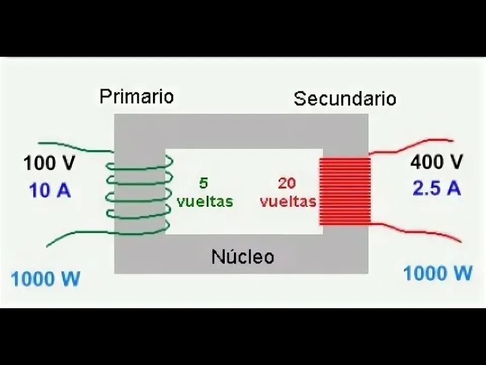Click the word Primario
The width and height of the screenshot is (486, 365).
click(x=136, y=96)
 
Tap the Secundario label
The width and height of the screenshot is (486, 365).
click(x=345, y=98)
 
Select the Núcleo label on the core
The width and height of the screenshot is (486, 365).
click(x=242, y=257)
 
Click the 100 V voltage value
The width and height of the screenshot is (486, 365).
click(x=49, y=163)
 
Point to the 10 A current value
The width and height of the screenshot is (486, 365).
click(x=49, y=191)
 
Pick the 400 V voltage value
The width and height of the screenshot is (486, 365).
click(x=436, y=162)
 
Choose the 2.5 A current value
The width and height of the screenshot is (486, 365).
click(x=436, y=189)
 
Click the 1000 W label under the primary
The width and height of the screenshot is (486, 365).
click(x=46, y=279)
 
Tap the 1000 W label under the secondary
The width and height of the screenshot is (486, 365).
click(x=438, y=274)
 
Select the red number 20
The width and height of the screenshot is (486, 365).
click(x=287, y=182)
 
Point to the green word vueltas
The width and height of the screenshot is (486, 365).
click(x=205, y=201)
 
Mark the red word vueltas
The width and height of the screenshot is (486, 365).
click(x=288, y=201)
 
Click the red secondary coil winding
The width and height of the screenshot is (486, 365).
click(x=345, y=191)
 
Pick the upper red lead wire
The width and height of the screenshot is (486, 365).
click(x=415, y=144)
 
